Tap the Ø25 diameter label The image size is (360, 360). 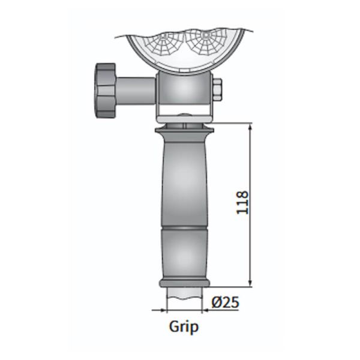(226, 302)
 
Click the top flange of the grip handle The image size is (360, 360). (185, 129)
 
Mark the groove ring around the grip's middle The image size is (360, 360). (185, 229)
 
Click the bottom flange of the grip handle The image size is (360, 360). (185, 283)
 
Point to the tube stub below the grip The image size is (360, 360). (185, 294)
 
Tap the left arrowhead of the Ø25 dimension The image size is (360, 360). (163, 310)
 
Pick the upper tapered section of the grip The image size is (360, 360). (185, 180)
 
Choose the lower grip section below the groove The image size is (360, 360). (185, 255)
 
